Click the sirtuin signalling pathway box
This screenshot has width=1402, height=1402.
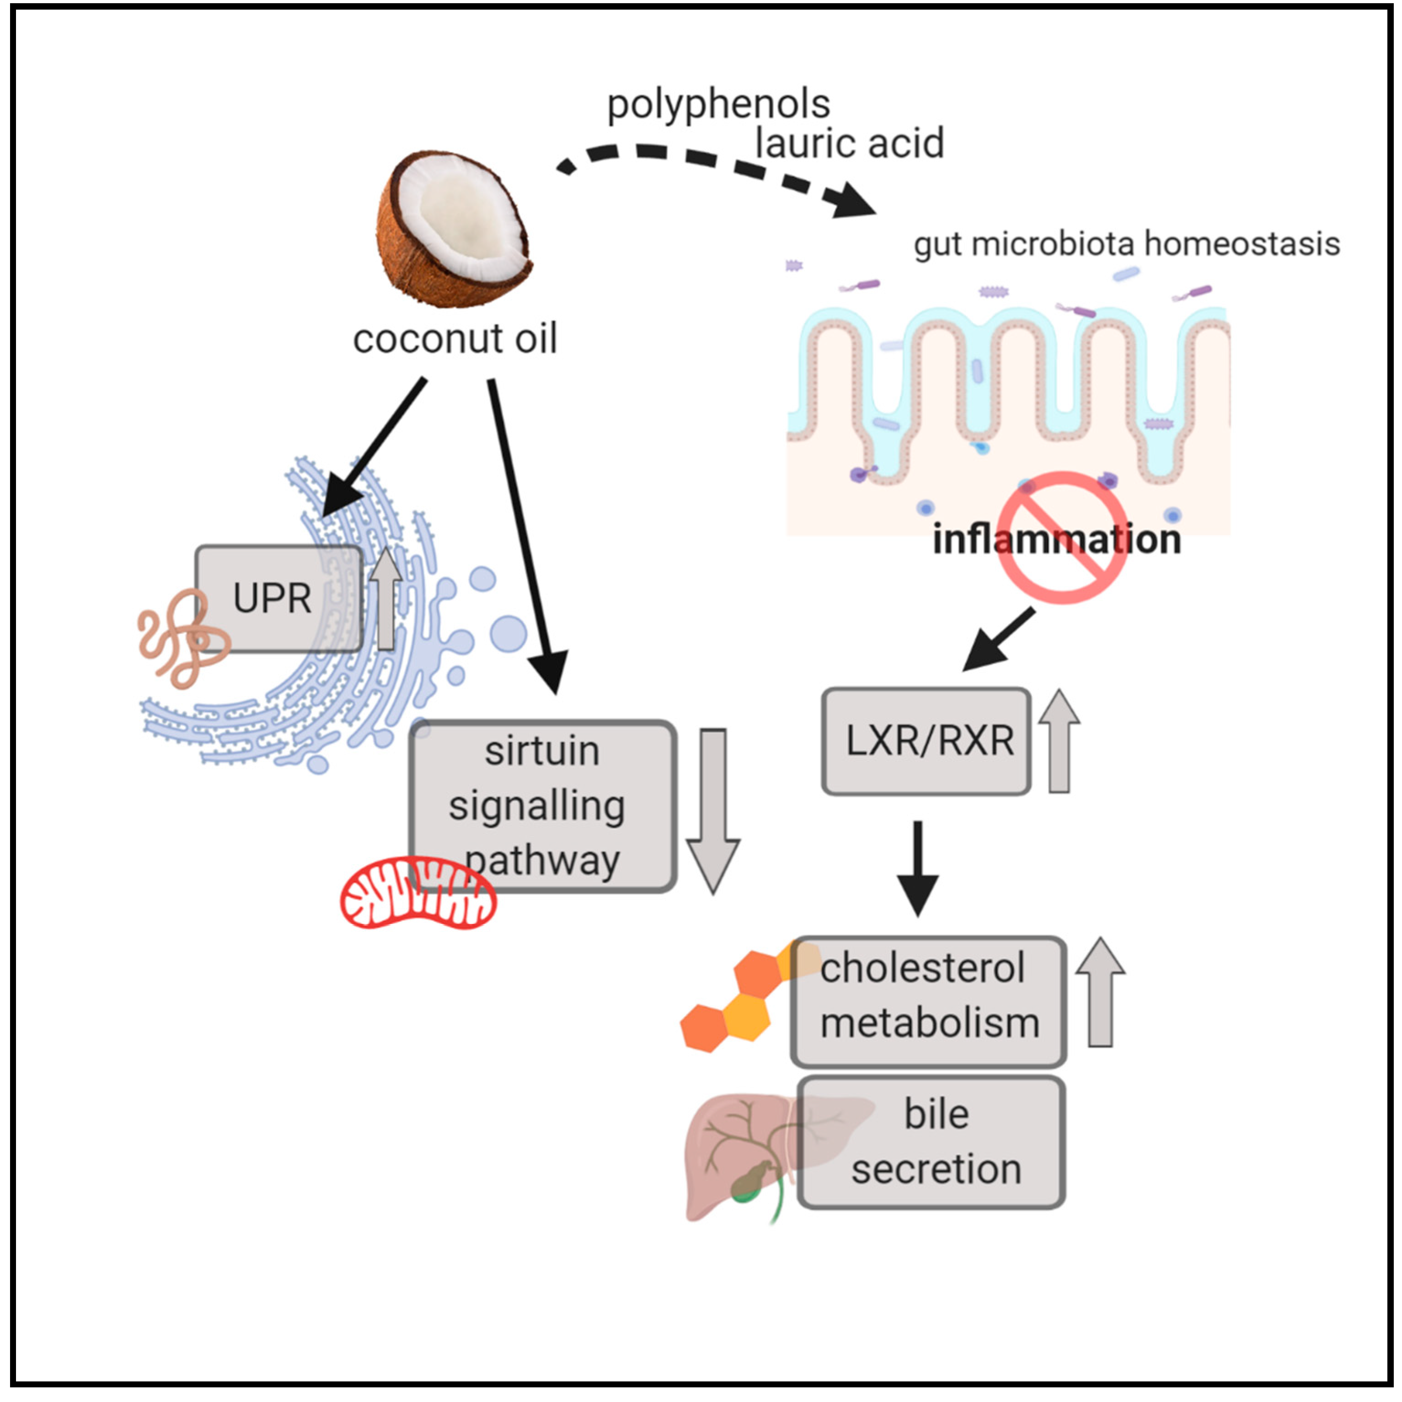(543, 806)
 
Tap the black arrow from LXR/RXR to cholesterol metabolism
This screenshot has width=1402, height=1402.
(918, 867)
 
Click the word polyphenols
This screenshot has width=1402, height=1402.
(718, 105)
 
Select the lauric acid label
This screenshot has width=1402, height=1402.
(849, 143)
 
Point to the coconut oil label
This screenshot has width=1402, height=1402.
(455, 339)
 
